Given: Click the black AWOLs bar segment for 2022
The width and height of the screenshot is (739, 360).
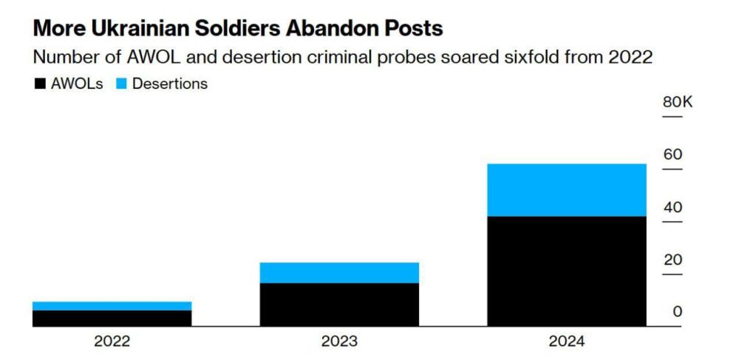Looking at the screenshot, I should point(112,318).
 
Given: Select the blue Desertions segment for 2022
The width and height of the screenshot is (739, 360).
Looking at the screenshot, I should point(112,305).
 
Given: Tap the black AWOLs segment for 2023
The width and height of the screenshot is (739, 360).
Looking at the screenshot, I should point(339,304).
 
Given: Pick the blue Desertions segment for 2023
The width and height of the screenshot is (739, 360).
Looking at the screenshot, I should point(339,272).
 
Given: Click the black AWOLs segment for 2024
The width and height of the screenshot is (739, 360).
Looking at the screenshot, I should point(567,271).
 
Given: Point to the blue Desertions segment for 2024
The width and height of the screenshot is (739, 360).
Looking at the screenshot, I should point(567,189).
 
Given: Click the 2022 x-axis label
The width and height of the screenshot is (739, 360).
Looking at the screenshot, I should point(112,342).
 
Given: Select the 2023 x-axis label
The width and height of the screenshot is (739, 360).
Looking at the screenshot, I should point(339,342).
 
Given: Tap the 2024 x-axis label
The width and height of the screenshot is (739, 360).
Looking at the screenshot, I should point(567,342).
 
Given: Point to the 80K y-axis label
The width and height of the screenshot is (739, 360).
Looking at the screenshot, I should point(677,102).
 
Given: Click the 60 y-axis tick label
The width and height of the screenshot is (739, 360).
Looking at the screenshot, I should point(672,154).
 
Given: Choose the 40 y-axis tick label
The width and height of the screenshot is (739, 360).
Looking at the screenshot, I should point(672,207).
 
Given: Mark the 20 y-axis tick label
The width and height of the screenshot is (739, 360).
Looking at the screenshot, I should point(672,259).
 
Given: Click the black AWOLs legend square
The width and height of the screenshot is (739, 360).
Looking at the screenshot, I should point(39,84).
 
